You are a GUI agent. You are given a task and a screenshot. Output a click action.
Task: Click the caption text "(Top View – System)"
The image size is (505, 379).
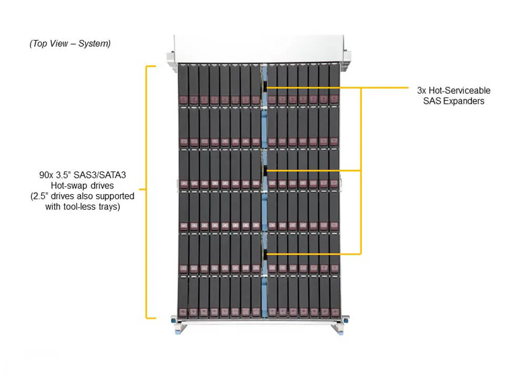tap(70, 44)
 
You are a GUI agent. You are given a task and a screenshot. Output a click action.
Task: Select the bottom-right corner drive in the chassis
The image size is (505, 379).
tap(334, 297)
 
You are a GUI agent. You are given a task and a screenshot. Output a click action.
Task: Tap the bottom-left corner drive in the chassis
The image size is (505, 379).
tap(183, 297)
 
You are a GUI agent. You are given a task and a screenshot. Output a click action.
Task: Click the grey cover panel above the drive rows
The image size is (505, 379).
tap(258, 49)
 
